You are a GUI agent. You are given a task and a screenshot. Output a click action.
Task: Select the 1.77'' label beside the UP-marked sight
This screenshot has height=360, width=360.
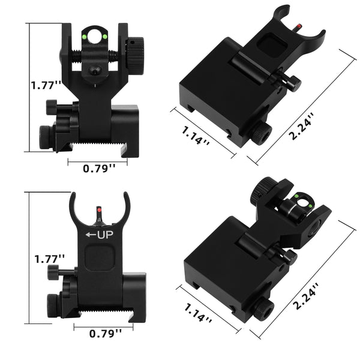(x=49, y=259)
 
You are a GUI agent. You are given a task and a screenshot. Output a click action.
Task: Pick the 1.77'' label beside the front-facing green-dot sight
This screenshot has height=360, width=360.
(x=46, y=85)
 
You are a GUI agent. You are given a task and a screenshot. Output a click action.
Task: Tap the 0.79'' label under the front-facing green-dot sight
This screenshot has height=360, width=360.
(x=100, y=169)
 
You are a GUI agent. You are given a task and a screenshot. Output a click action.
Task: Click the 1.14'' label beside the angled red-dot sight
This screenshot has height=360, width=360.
(x=194, y=131)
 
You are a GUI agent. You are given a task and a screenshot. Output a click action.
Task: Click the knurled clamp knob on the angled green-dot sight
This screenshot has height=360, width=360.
(x=262, y=310)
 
